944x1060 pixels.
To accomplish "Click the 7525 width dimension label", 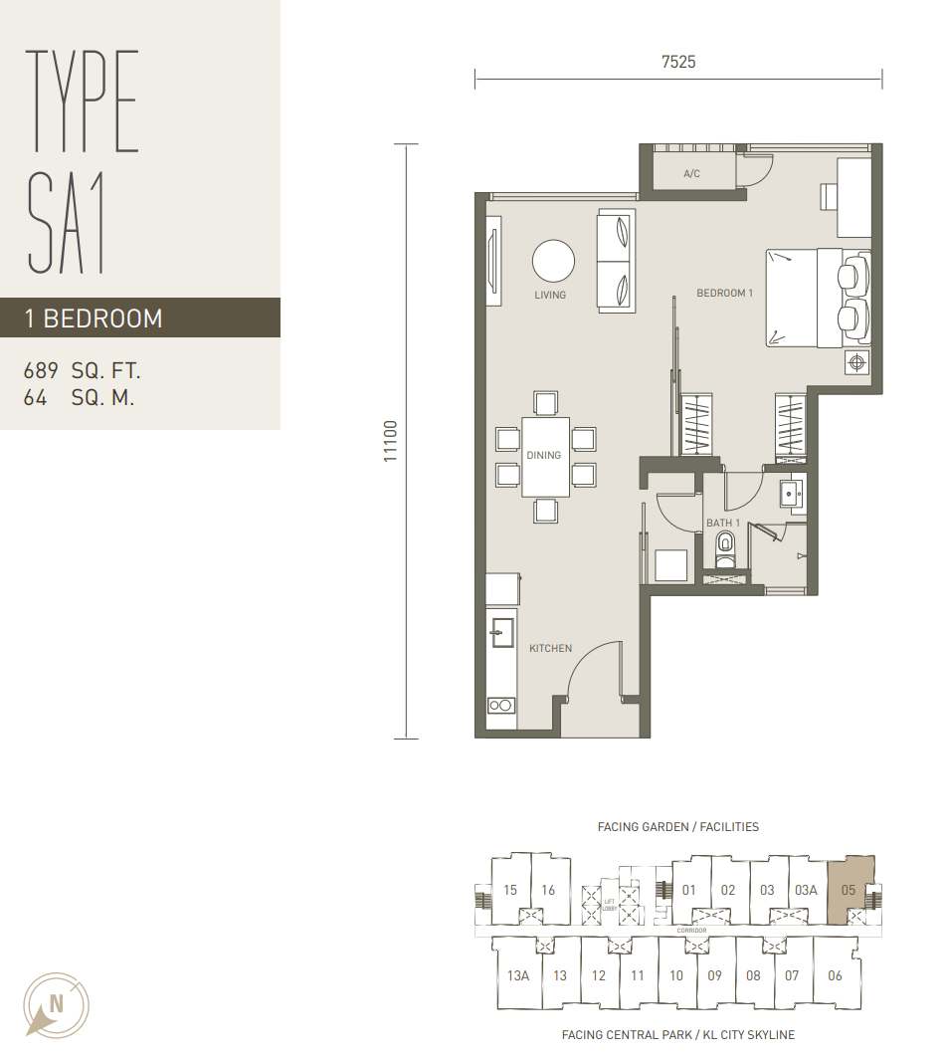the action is [x=678, y=62].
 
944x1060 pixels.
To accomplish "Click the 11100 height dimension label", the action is [x=391, y=442].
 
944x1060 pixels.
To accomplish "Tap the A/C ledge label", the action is [x=692, y=174].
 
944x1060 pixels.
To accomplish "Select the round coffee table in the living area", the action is [x=553, y=261].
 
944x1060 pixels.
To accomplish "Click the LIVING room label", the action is [x=550, y=295].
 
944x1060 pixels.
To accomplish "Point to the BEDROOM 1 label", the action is [x=724, y=293].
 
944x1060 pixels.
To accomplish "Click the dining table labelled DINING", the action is [x=545, y=456].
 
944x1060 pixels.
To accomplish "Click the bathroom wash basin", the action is [x=791, y=493].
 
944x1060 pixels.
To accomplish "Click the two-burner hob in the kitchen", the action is [x=500, y=705].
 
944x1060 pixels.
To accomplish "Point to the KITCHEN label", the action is [x=551, y=648].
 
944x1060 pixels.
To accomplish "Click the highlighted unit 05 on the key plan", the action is [x=850, y=890].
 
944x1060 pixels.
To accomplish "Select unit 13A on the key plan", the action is [x=518, y=975].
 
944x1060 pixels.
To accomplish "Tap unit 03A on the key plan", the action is [x=806, y=891].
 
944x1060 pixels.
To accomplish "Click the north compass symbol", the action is [x=56, y=1004].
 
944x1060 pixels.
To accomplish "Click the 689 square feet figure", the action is [x=41, y=370].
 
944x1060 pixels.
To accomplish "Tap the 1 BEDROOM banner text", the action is [x=94, y=318].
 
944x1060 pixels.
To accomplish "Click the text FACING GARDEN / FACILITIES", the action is [x=677, y=827].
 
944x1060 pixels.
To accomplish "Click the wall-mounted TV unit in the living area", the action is [x=494, y=261].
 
